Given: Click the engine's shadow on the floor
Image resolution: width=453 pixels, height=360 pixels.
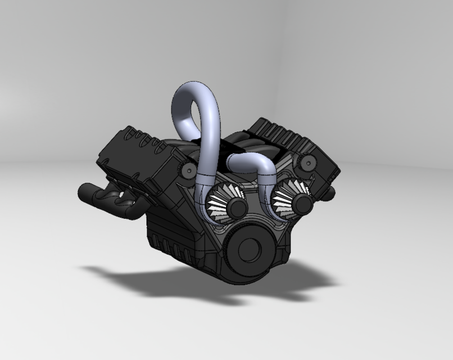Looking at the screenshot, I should (169, 281).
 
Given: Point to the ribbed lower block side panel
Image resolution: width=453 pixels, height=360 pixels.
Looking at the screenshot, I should (169, 236).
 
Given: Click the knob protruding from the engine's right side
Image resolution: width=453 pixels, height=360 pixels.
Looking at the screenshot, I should (330, 193).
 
